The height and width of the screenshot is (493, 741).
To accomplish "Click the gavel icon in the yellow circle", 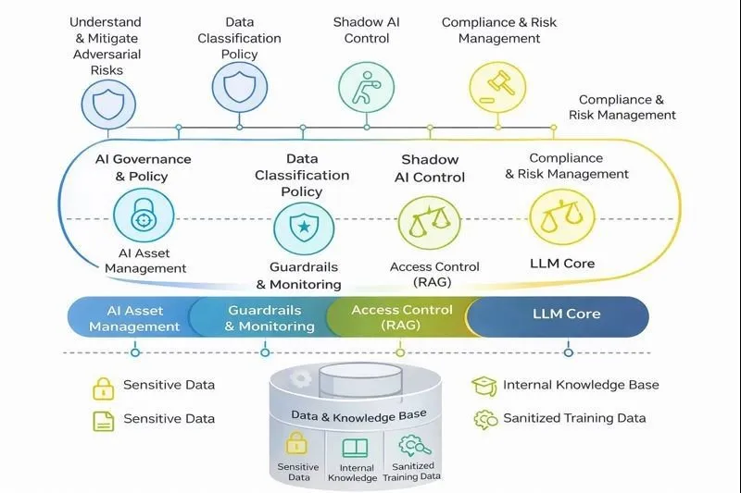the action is coord(497,87).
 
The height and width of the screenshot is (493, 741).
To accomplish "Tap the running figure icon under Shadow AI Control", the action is coord(367,87).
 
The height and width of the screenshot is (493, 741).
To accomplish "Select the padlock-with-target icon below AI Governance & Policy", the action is coord(144,216).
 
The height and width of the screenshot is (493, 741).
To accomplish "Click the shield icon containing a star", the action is coord(304,227).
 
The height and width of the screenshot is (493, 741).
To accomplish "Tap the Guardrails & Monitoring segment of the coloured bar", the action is coord(265,317).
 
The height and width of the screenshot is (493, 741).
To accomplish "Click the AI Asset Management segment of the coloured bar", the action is coord(132,317).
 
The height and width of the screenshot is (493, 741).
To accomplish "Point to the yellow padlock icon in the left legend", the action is coord(103,388).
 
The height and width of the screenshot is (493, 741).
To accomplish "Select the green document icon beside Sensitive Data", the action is coord(103,421).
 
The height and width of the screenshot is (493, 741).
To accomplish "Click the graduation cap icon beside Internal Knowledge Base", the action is coord(484,386).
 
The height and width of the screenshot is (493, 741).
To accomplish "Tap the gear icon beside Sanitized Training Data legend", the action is coord(485,419).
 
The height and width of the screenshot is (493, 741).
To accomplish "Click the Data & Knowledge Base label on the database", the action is coord(358,415).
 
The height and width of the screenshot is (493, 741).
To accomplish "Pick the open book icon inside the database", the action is coord(355,448).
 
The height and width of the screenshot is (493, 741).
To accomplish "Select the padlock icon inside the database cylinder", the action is coord(296,442).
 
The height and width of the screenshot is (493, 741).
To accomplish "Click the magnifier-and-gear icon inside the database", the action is coord(414,445).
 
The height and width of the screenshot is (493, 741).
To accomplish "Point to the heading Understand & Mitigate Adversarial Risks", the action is coord(106,45).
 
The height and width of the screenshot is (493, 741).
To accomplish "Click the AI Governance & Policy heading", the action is coord(143,167).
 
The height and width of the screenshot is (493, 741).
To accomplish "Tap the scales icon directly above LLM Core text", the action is coord(562,216).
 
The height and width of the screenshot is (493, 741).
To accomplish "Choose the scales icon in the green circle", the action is coord(429,222).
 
